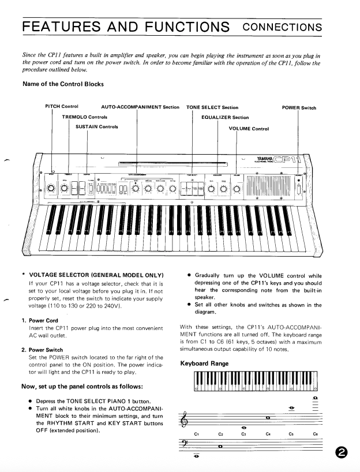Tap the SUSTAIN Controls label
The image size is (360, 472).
pos(96,126)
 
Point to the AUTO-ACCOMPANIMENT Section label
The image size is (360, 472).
pos(140,107)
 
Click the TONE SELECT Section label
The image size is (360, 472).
pos(212,107)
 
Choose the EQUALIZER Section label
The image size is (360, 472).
pos(225,117)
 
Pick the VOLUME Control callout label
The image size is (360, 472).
pos(249,128)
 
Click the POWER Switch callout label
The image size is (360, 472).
pos(299,107)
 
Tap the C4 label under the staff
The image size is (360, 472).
pos(268,433)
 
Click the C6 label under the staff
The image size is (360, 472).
pos(315,433)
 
